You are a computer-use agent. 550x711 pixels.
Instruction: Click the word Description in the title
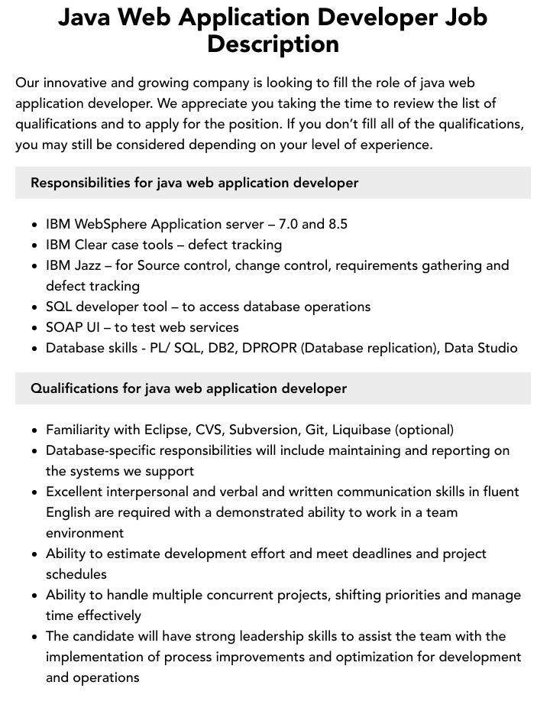pos(273,44)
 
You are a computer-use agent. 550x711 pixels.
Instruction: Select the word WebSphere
pos(111,224)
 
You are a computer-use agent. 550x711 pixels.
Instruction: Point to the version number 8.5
pos(338,224)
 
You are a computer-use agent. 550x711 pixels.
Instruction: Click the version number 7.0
pos(288,224)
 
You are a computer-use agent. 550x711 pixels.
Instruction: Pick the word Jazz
pos(87,265)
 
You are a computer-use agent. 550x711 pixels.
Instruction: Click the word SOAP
pos(64,327)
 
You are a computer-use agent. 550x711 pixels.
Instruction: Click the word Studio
pos(496,348)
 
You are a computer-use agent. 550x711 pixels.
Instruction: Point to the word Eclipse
pos(165,430)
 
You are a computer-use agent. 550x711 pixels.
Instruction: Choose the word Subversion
pos(264,430)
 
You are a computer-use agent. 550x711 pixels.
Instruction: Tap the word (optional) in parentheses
pos(425,430)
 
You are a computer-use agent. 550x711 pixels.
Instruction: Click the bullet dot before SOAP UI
pos(35,328)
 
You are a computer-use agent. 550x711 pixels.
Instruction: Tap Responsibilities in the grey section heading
pos(79,183)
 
